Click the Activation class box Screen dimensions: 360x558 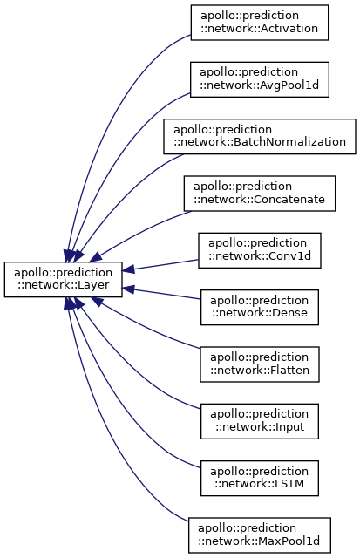(x=260, y=23)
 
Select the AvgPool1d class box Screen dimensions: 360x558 (x=260, y=79)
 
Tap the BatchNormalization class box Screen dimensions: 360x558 (x=260, y=136)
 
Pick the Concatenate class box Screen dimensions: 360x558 (x=260, y=194)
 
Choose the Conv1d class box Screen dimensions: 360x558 (x=260, y=250)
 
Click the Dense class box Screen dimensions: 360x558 (x=260, y=307)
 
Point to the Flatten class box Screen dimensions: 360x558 (x=260, y=364)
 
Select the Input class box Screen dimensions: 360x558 (x=260, y=421)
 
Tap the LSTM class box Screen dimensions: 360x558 (x=260, y=478)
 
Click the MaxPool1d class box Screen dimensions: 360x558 (x=260, y=534)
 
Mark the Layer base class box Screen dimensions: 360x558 (x=64, y=279)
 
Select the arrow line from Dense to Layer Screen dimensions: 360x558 (x=162, y=294)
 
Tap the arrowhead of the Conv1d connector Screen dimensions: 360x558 (x=129, y=269)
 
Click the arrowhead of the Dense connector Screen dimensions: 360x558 (x=129, y=289)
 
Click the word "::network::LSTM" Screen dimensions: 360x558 (x=260, y=484)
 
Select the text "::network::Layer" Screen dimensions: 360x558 (x=64, y=285)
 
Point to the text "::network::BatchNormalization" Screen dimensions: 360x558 (x=260, y=142)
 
